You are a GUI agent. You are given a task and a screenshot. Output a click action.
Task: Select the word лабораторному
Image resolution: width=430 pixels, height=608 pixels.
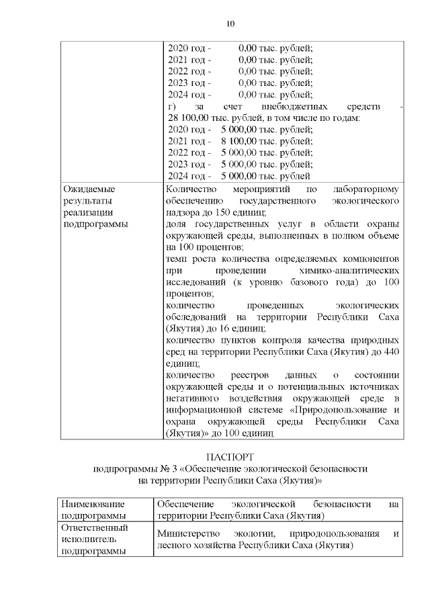pyautogui.click(x=368, y=189)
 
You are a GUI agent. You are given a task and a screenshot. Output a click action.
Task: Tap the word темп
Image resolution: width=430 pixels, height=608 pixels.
pyautogui.click(x=175, y=259)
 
